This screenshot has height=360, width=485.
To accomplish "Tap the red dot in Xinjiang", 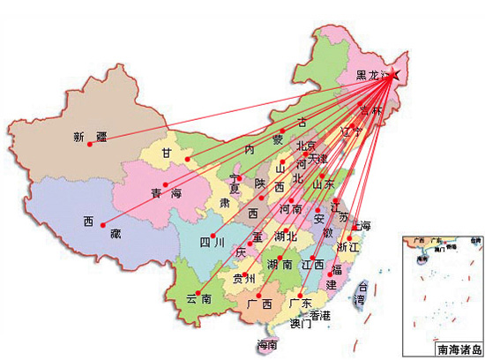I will pos(89,146).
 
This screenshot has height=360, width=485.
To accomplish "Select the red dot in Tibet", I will pos(101,224).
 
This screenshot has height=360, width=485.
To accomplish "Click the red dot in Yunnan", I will pos(199,293).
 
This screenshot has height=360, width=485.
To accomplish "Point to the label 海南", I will pos(266,344).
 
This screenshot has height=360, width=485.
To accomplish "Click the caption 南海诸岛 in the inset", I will pos(459,349).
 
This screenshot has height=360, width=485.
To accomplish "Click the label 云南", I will pos(199,300).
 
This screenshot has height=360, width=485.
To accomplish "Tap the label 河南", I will pos(290,210).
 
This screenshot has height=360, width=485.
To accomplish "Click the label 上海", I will pos(362,226).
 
